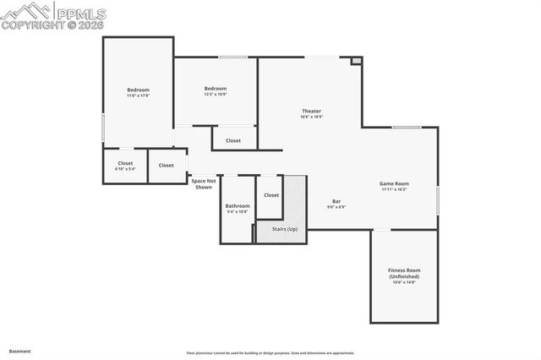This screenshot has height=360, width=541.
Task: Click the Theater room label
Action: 311,112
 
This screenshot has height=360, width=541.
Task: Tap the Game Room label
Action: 394,183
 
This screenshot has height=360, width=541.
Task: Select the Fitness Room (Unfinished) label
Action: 404,274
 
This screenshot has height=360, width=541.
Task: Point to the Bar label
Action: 335,201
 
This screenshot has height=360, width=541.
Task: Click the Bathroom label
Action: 238,205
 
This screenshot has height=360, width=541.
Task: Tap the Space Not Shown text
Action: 204,183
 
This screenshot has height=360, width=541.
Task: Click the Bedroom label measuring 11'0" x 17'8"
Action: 138,90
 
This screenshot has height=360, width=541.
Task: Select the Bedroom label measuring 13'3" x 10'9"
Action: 215,89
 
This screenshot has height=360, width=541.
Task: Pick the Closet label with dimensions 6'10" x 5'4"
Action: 125,163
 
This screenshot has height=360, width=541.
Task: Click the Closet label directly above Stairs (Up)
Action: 270,195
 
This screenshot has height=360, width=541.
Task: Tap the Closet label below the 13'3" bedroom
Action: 233,140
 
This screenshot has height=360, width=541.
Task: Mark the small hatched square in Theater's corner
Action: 357,61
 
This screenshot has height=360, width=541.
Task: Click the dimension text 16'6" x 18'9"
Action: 311,117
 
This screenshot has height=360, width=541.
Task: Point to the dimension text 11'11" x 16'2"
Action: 394,189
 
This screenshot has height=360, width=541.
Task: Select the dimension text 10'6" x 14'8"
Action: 404,283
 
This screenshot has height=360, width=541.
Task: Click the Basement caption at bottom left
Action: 20,351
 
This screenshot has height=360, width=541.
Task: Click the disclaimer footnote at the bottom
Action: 270,353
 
